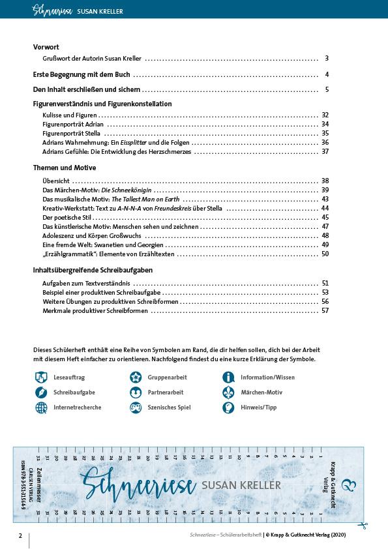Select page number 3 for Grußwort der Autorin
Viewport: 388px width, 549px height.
tap(327, 58)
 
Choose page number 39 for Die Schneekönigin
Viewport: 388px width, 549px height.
tap(325, 190)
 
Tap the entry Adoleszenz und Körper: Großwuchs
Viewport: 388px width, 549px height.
tap(84, 235)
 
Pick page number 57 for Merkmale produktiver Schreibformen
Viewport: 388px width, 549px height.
tap(325, 311)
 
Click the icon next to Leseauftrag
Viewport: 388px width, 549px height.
tap(41, 377)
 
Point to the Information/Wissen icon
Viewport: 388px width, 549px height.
tap(228, 377)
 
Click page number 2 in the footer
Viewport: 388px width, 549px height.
tap(20, 536)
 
